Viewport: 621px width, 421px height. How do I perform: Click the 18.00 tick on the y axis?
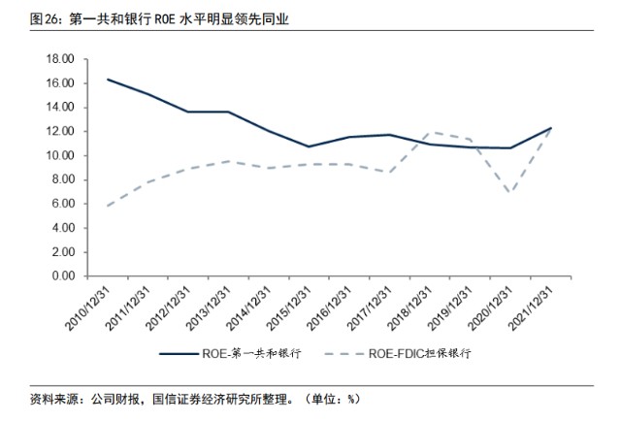tap(60, 59)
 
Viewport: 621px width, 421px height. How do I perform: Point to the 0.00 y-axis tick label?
tap(63, 275)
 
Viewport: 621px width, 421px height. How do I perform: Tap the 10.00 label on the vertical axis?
tap(60, 155)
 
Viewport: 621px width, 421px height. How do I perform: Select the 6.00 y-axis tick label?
tap(63, 204)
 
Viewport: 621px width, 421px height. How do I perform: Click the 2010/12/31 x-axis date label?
tap(88, 308)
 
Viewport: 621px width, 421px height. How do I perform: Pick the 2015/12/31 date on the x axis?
tap(289, 308)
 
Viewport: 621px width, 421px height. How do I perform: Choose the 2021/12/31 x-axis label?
tap(531, 308)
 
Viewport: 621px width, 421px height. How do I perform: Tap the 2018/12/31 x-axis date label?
tap(409, 308)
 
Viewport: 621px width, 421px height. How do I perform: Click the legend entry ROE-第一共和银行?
tap(230, 353)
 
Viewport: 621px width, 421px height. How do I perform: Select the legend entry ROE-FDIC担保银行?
tap(398, 353)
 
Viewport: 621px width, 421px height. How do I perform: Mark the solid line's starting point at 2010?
tap(108, 80)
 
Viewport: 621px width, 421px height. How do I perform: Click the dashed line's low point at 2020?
tap(510, 193)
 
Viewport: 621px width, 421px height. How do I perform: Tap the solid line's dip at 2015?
tap(309, 146)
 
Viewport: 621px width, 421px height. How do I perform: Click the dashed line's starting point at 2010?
tap(108, 206)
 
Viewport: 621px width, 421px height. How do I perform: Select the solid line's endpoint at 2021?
tap(551, 128)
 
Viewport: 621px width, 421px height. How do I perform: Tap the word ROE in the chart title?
tap(164, 19)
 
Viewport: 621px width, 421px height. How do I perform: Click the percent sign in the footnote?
tap(351, 399)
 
